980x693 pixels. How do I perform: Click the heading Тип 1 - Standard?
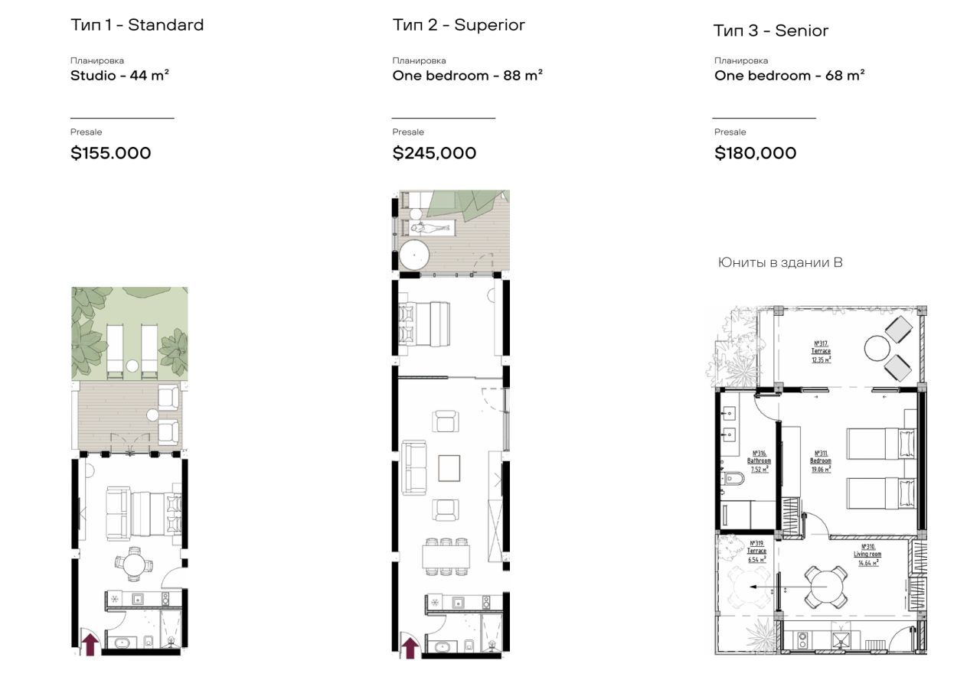137,25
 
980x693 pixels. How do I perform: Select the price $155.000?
111,153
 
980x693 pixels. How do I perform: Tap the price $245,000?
434,153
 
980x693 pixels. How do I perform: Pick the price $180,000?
756,153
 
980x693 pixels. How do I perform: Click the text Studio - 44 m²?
119,76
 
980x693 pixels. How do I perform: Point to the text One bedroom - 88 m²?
467,76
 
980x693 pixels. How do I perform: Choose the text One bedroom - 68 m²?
789,76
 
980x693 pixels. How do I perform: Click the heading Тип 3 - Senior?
771,31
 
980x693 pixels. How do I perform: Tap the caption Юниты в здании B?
780,262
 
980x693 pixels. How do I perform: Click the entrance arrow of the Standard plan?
90,644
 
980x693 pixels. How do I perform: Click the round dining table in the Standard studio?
135,565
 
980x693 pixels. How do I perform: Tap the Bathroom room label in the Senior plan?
759,461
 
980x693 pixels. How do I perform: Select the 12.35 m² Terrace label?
822,351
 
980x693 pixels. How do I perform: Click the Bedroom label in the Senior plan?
821,461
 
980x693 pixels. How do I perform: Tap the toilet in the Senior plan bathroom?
733,480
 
